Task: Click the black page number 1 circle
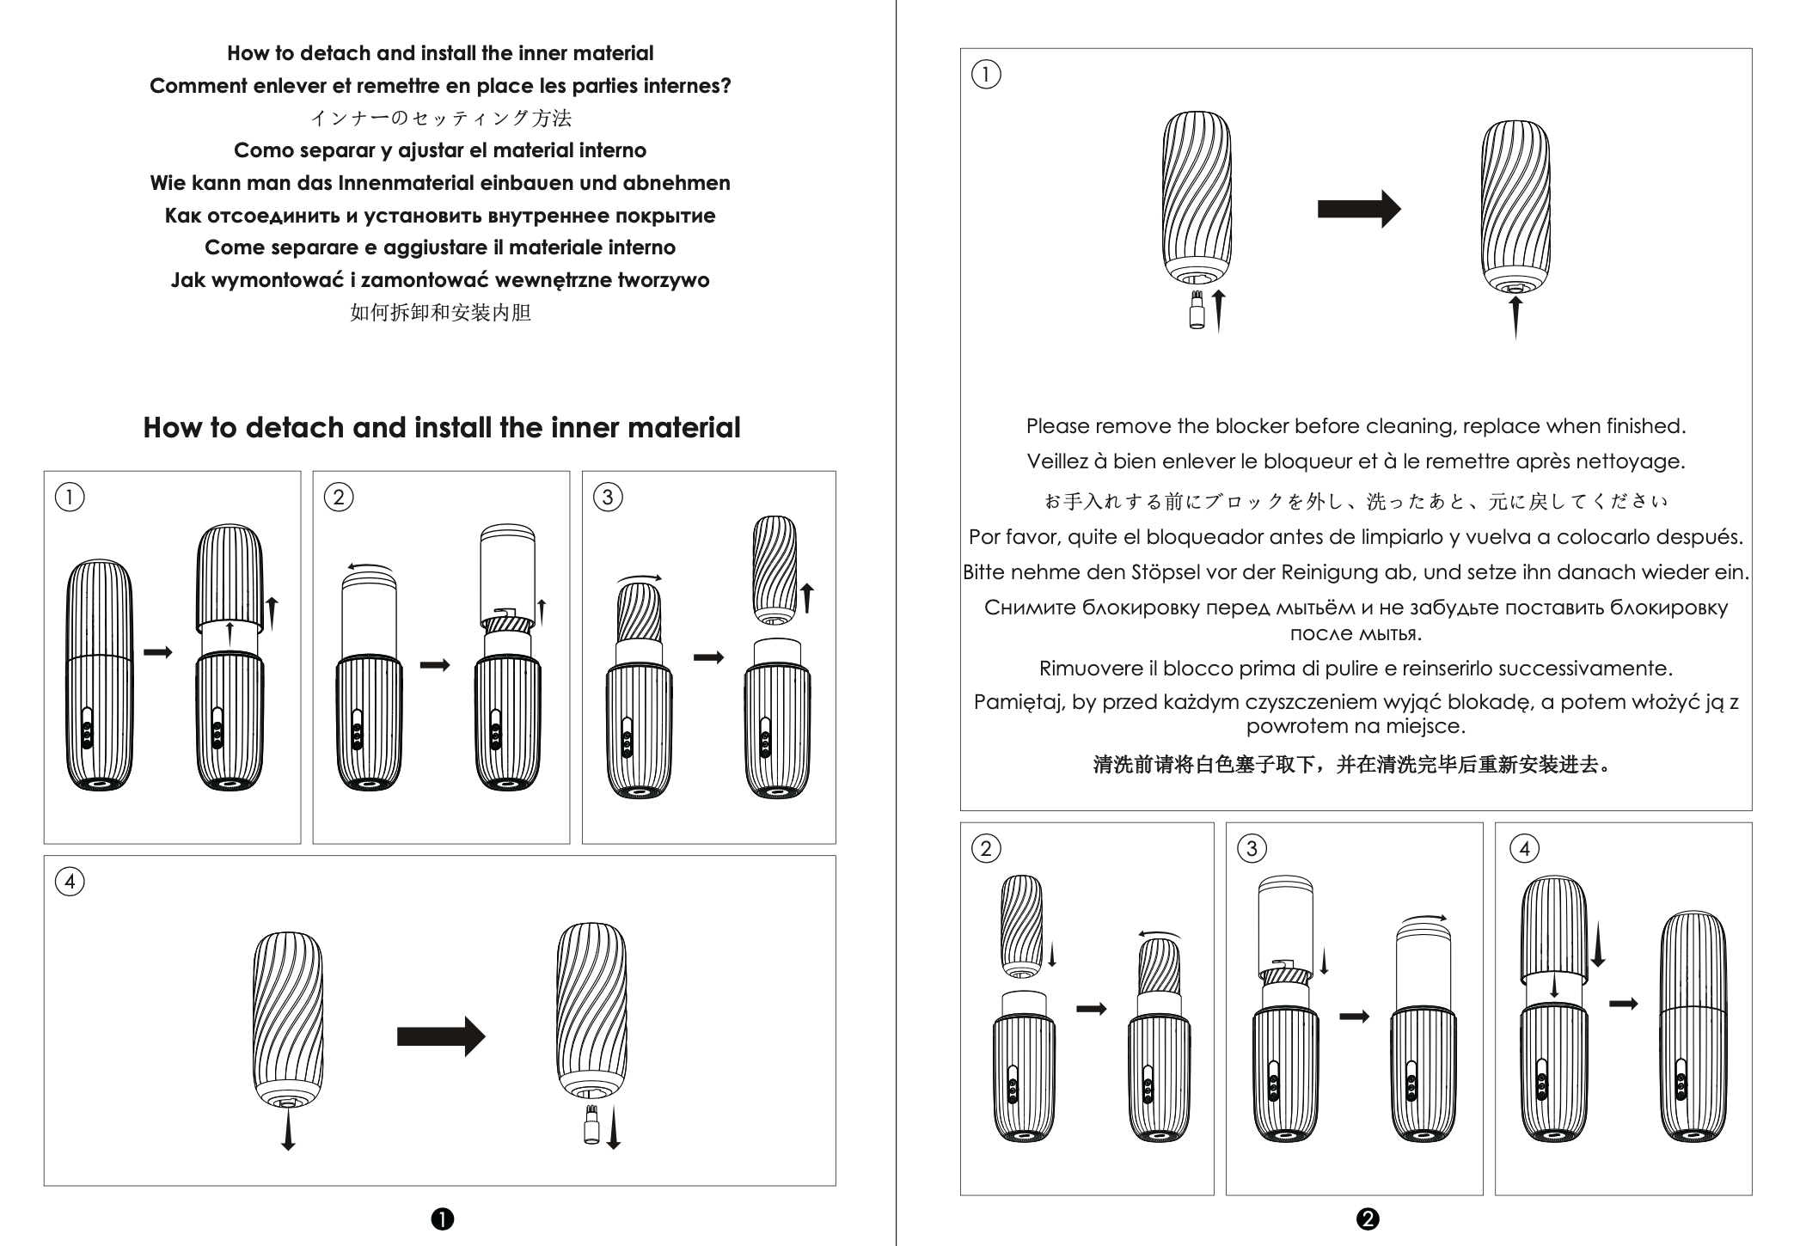pos(443,1219)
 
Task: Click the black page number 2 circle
pos(1367,1219)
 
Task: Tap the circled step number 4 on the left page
pos(70,882)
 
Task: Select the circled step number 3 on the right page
pos(1252,849)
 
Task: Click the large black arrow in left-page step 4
pos(440,1036)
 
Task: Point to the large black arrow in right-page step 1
pos(1358,209)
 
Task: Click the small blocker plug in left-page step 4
pos(591,1126)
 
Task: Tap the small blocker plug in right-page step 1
pos(1196,311)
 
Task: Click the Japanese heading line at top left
pos(440,118)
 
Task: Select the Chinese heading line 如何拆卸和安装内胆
pos(440,312)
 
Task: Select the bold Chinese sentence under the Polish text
pos(1355,764)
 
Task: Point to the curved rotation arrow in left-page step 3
pos(640,578)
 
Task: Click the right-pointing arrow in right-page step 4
pos(1623,1003)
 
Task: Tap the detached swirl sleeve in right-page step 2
pos(1022,926)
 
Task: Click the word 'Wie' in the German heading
pos(168,183)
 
